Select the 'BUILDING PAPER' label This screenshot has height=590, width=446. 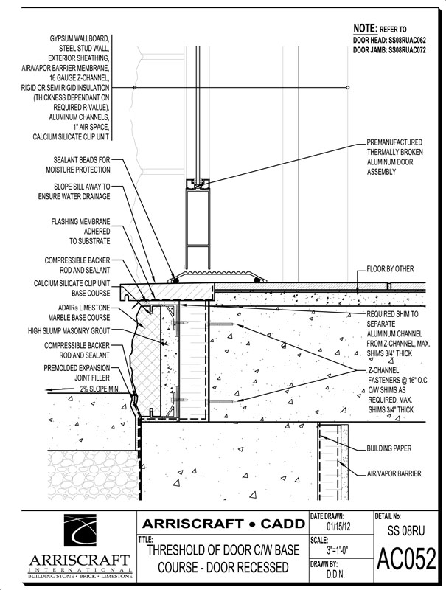(x=388, y=448)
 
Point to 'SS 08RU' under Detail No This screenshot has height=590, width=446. (x=406, y=530)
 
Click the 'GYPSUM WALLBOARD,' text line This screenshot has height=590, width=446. (x=74, y=36)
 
